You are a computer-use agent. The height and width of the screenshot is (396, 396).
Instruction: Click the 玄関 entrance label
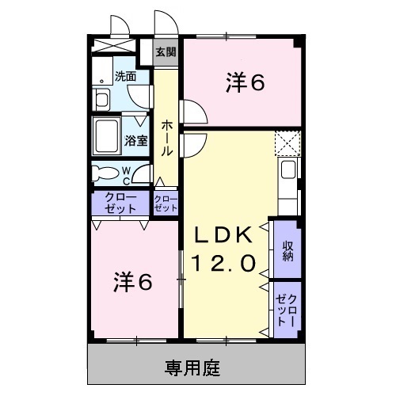166,53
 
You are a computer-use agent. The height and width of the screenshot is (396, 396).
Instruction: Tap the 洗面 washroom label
125,77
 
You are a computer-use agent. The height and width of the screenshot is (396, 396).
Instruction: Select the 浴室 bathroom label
135,141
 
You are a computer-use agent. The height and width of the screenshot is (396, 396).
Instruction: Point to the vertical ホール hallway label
167,137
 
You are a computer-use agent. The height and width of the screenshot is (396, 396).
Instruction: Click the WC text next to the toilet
126,173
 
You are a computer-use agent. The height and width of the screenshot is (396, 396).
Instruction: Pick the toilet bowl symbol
103,172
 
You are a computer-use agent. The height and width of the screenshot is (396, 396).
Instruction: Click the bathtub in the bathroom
107,136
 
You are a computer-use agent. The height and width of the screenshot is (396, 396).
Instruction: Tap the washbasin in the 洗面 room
102,99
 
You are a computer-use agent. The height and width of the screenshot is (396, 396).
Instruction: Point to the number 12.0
224,263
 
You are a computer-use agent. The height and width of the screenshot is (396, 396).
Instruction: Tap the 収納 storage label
287,249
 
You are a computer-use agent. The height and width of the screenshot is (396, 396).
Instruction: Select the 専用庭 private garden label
192,367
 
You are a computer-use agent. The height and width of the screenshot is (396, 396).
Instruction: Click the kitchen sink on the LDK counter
288,169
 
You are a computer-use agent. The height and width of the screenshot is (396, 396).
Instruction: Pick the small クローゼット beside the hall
166,203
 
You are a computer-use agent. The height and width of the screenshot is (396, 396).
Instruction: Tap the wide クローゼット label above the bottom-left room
120,203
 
